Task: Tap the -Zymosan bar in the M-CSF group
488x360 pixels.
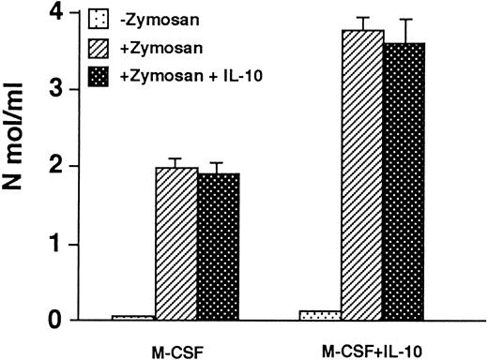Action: click(x=133, y=318)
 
